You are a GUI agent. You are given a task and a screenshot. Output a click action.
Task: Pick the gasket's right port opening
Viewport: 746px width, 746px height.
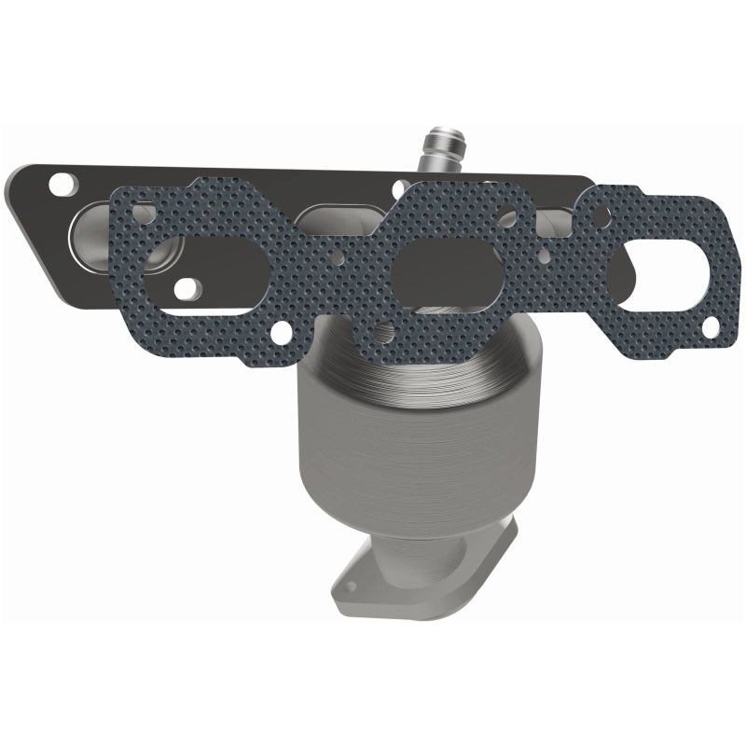[x=660, y=263]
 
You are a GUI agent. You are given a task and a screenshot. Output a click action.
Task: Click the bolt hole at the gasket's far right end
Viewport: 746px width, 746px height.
[x=710, y=325]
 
